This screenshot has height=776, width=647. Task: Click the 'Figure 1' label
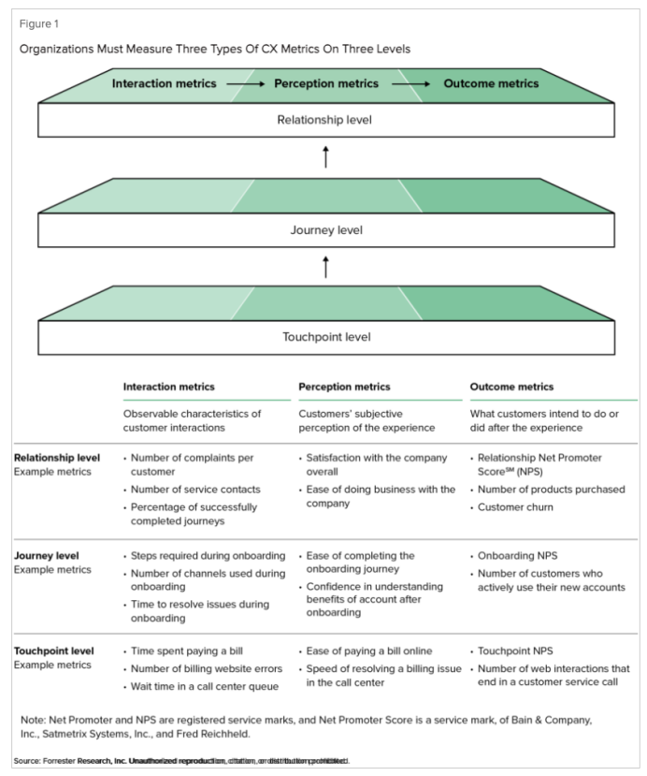[x=35, y=23]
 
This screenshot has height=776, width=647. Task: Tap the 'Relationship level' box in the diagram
[x=325, y=120]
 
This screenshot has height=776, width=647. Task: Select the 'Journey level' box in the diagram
[x=325, y=229]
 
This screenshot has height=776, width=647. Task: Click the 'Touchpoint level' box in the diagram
[x=325, y=337]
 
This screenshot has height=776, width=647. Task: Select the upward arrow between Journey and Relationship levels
[x=325, y=156]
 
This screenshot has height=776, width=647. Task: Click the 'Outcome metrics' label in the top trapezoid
[x=491, y=84]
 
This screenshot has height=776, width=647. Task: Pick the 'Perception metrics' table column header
[x=344, y=387]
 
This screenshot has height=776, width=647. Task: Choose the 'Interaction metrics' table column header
[x=168, y=387]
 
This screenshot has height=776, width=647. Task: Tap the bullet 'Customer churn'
[x=516, y=506]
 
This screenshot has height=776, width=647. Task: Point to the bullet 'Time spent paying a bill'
[x=192, y=650]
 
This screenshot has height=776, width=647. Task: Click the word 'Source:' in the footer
[x=28, y=760]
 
